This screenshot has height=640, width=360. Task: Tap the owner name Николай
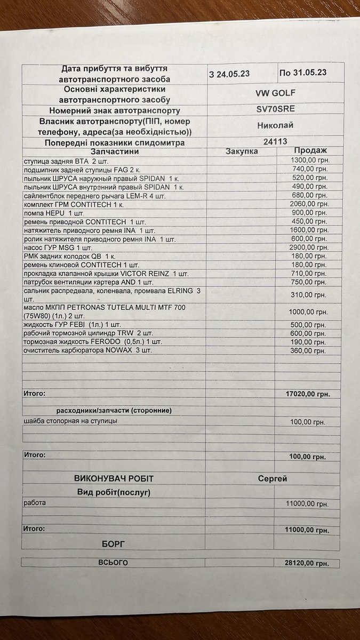[x=275, y=126]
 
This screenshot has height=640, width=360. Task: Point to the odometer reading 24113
[x=275, y=142]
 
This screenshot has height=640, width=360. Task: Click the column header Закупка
[x=242, y=151]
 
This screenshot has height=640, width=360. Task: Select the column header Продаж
[x=310, y=151]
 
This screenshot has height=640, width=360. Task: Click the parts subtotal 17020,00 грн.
[x=308, y=394]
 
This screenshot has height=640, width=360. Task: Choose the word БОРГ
[x=113, y=543]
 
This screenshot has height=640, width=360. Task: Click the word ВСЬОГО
[x=113, y=563]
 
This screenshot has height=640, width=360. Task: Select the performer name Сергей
[x=272, y=478]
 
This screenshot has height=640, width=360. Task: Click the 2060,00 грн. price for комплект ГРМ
[x=309, y=204]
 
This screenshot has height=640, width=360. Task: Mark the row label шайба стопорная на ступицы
[x=71, y=421]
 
